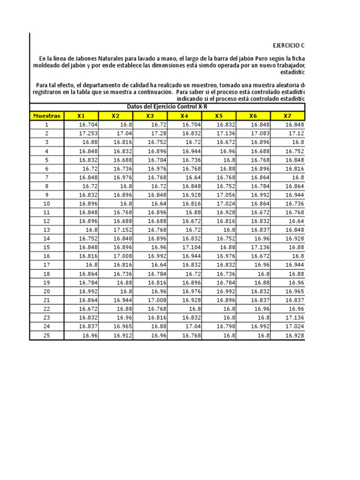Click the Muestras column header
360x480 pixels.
click(x=46, y=116)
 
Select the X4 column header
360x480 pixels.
click(x=184, y=116)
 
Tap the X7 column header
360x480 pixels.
click(x=287, y=116)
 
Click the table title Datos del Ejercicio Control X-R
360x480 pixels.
click(x=167, y=107)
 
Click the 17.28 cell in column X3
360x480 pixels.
click(x=157, y=133)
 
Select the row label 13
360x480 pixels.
click(x=46, y=230)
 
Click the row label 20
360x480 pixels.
click(x=46, y=291)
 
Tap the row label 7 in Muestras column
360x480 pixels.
click(x=46, y=177)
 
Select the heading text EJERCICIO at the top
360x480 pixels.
click(x=286, y=45)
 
